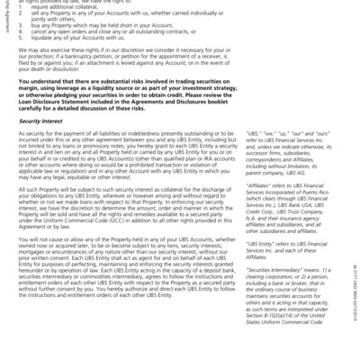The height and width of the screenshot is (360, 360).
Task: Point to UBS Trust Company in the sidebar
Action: [x=289, y=217]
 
